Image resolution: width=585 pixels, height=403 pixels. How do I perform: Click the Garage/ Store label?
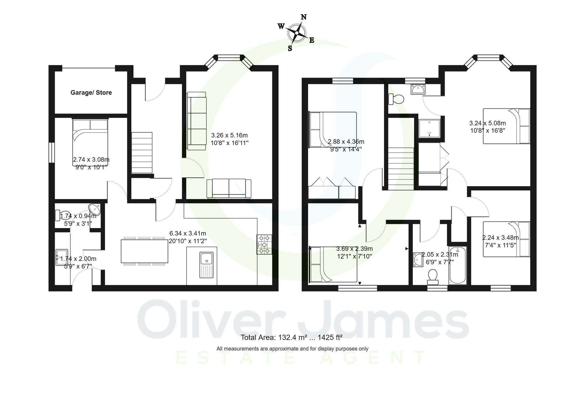[x=91, y=93]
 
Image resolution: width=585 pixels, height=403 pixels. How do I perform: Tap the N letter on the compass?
[x=304, y=17]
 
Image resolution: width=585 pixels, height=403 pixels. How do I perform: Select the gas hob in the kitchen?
[x=264, y=244]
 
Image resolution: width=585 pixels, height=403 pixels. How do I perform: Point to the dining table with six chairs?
[x=144, y=252]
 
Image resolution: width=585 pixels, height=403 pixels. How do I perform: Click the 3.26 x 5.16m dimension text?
[x=229, y=135]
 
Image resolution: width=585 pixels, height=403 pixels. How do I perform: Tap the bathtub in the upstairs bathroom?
[x=457, y=266]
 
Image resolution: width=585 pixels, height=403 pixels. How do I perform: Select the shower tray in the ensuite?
[x=429, y=128]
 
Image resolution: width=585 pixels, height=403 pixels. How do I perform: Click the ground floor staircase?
[x=142, y=153]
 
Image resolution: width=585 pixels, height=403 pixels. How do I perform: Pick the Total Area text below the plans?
[x=291, y=337]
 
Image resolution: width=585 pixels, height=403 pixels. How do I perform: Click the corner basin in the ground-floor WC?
[x=95, y=209]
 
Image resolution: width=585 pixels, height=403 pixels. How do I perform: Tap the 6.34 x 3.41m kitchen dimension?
[x=188, y=233]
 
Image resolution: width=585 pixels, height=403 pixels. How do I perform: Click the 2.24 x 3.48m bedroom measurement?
[x=500, y=238]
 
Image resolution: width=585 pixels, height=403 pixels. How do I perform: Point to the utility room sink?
[x=62, y=257]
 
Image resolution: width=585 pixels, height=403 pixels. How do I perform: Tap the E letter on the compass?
[x=312, y=40]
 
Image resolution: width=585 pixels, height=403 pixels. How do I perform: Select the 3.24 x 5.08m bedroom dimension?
[x=487, y=123]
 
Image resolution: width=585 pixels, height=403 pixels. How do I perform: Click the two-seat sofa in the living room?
[x=229, y=189]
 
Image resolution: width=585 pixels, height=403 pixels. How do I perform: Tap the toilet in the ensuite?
[x=396, y=99]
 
